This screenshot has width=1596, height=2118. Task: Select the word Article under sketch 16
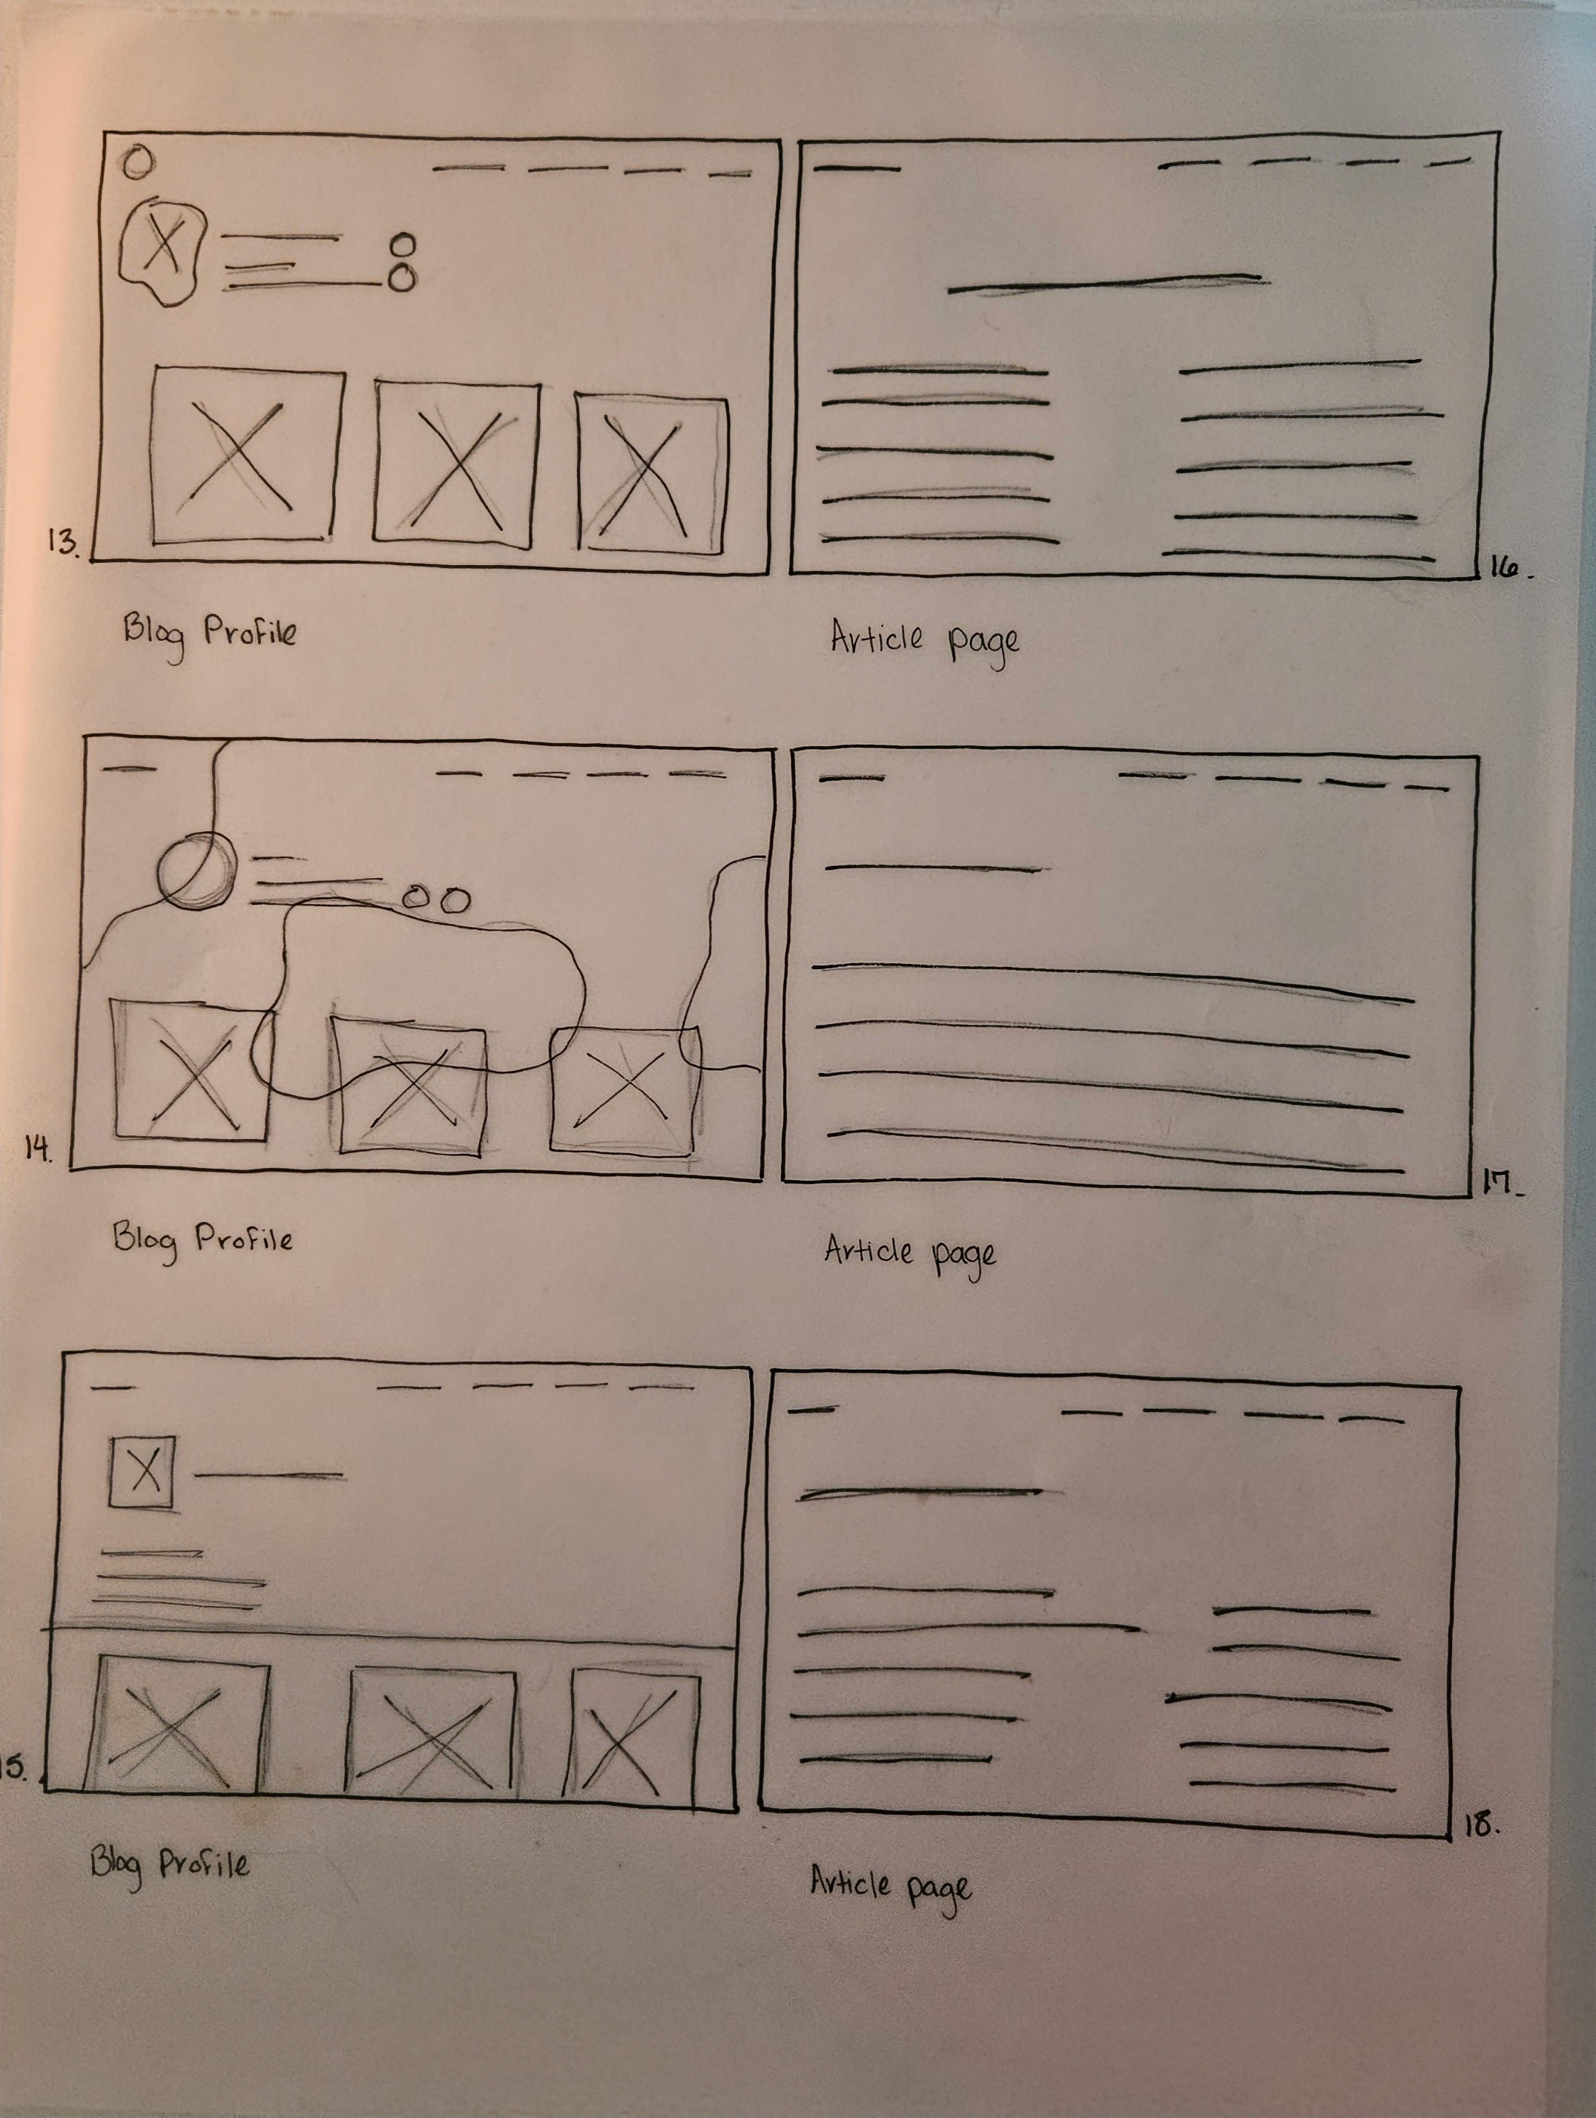coord(876,637)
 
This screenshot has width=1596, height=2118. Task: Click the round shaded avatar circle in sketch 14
coord(195,869)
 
